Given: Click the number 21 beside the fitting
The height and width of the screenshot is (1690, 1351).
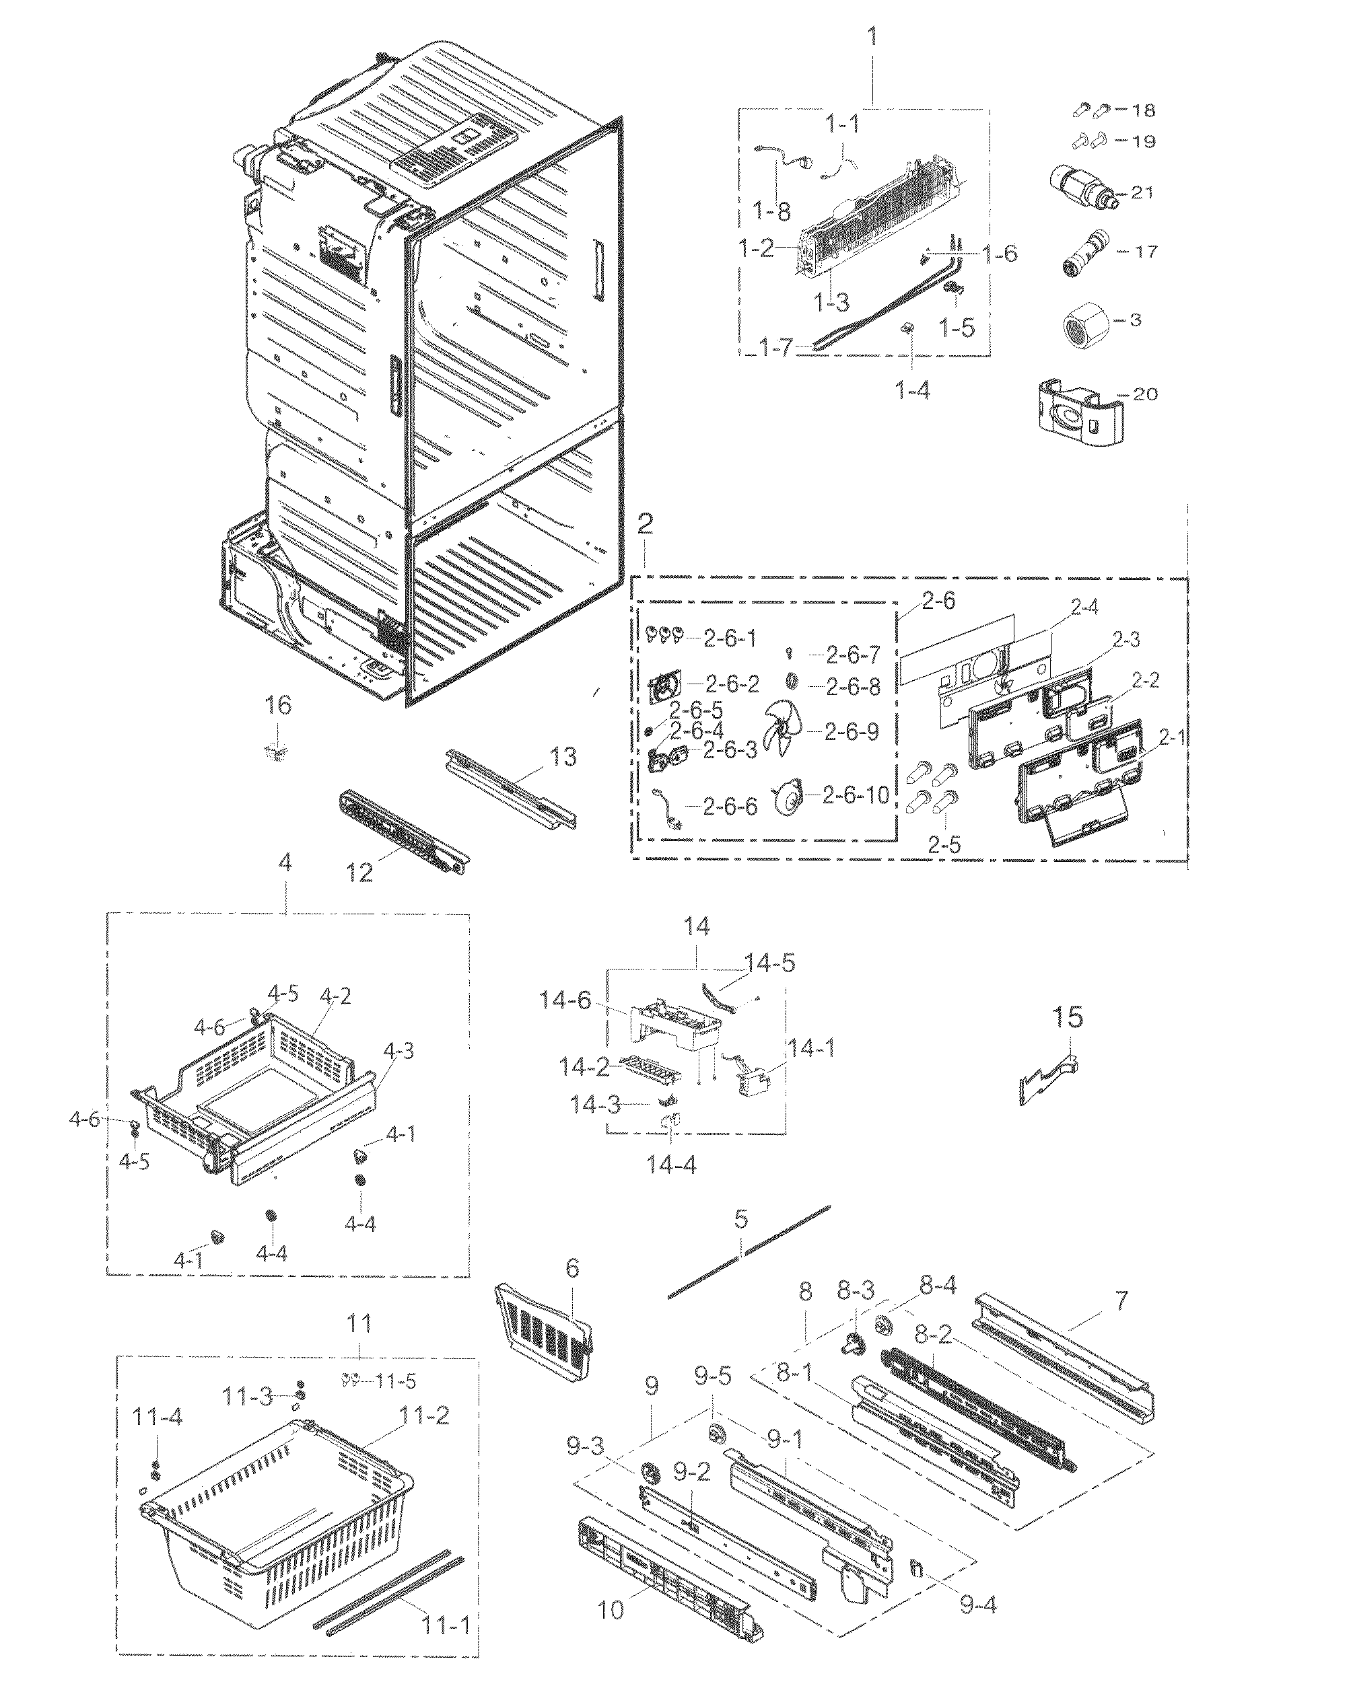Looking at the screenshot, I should click(1142, 192).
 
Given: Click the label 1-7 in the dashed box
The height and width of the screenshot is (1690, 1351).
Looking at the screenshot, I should click(776, 347).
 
